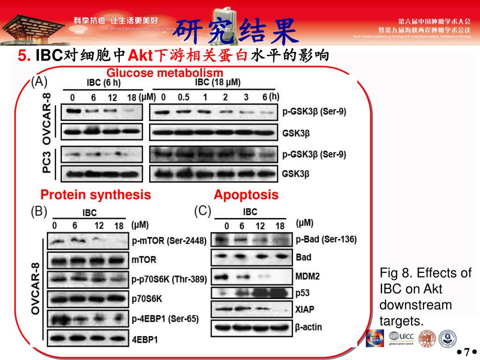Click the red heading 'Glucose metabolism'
click(165, 73)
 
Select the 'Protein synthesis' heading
click(96, 195)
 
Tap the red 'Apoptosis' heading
click(246, 195)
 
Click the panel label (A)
click(39, 82)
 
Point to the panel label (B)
click(39, 212)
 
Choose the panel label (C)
click(202, 211)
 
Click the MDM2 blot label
click(307, 276)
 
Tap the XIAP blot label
click(305, 309)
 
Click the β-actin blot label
click(309, 327)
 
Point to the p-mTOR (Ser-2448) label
click(169, 241)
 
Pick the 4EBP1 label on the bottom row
click(145, 338)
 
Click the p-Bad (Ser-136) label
click(326, 240)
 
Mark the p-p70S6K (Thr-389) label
click(169, 279)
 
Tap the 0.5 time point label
click(183, 97)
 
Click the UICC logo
click(401, 337)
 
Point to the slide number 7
click(467, 352)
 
